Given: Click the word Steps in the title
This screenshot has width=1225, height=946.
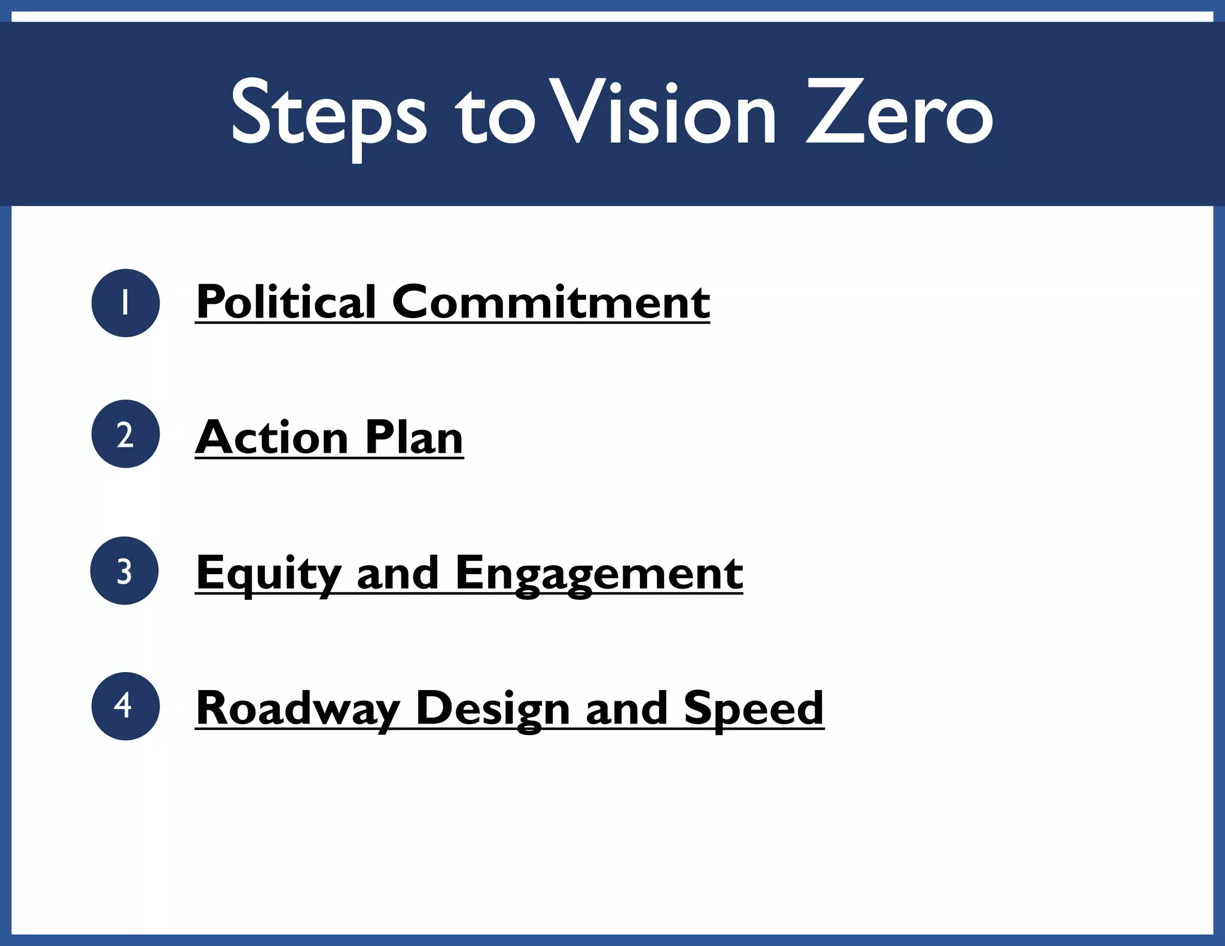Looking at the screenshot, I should coord(328,114).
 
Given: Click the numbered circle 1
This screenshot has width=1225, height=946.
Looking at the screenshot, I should coord(126,303).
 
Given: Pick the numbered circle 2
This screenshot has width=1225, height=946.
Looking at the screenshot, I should coord(126,434).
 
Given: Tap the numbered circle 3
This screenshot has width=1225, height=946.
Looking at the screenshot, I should coord(124,570).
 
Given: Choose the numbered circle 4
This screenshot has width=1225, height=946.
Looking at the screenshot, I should coord(126,706).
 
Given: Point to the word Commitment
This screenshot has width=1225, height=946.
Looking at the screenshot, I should coord(550,302).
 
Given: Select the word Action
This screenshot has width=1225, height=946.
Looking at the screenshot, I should coord(272,437).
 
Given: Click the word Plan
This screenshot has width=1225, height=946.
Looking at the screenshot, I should coord(414,437).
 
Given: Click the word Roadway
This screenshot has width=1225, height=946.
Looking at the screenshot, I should coord(298,709).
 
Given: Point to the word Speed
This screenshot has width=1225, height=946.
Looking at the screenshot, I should coord(754,709).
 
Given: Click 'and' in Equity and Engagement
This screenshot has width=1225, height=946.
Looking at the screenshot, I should coord(398,573).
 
